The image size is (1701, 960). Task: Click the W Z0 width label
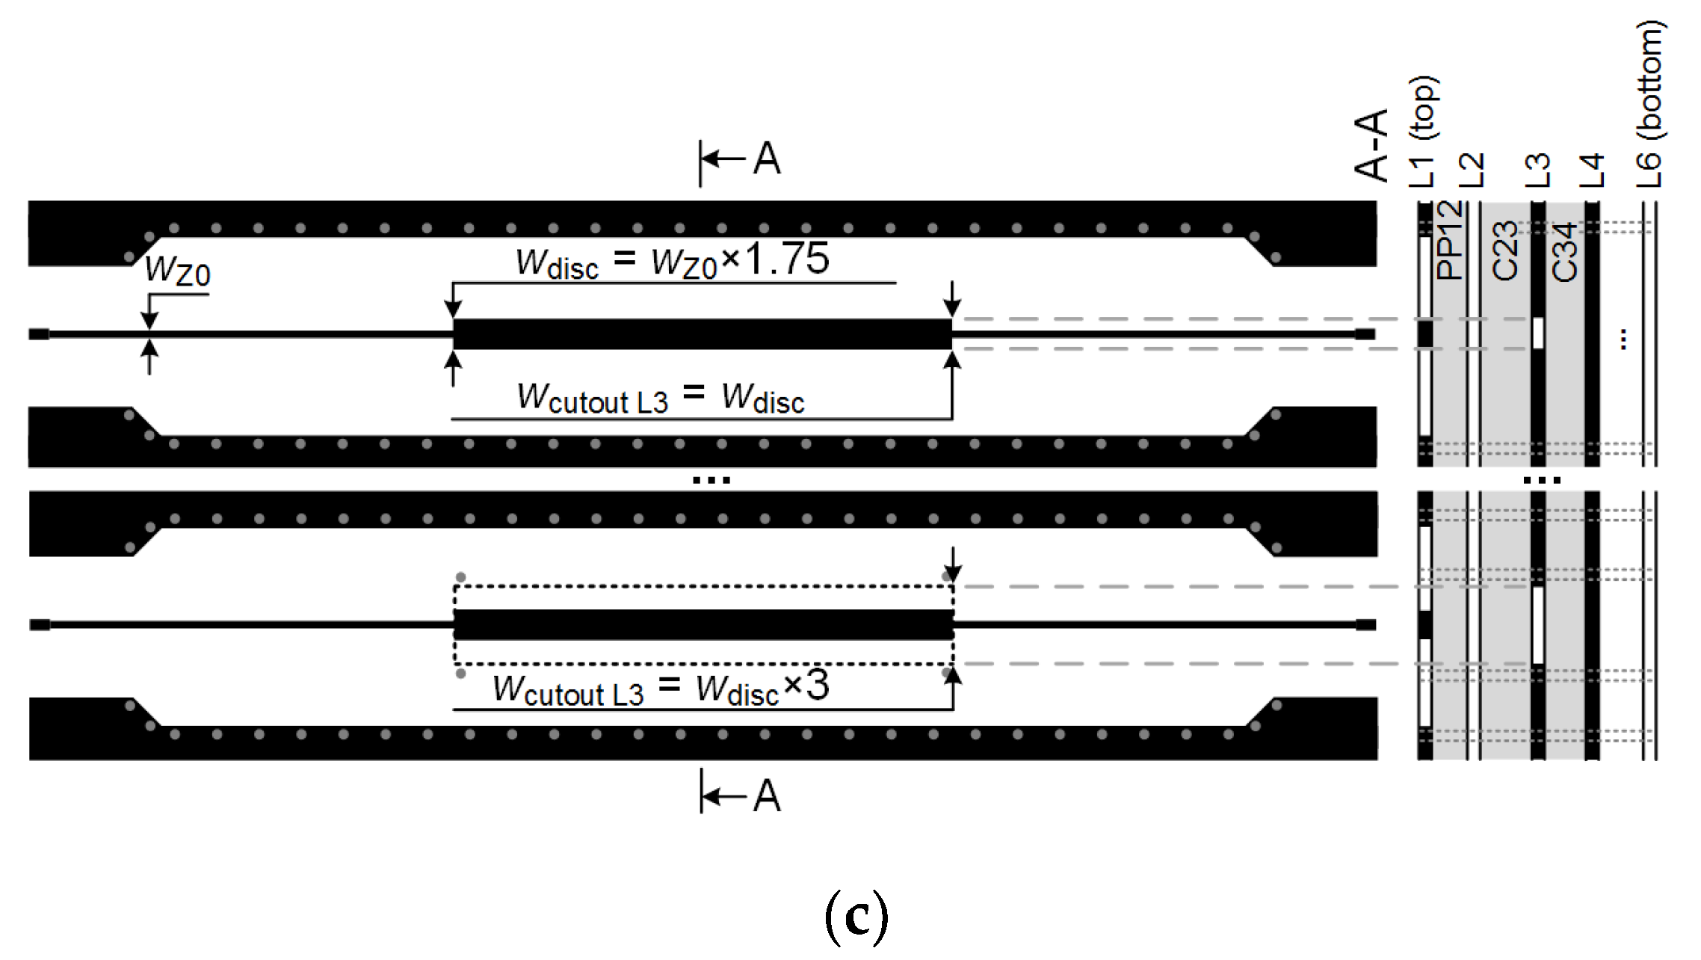[178, 271]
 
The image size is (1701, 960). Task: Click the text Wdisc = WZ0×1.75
[672, 260]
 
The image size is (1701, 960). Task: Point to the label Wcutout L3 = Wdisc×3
[661, 688]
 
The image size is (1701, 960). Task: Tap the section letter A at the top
[767, 159]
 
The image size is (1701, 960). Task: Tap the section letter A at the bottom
[767, 796]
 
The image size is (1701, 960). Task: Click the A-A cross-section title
[1371, 145]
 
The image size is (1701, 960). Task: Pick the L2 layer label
[1472, 170]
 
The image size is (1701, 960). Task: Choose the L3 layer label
[1537, 170]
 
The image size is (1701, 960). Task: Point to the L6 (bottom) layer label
[1650, 105]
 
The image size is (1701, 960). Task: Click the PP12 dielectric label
[1449, 240]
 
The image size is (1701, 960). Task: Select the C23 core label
[1504, 251]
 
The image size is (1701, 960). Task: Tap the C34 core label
[1564, 252]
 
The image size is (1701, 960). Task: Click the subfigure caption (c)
[856, 917]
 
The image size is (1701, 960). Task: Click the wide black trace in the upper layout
[702, 334]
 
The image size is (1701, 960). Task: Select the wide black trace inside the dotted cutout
[703, 624]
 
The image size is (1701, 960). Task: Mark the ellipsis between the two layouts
[711, 480]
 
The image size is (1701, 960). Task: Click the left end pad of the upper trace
[39, 334]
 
